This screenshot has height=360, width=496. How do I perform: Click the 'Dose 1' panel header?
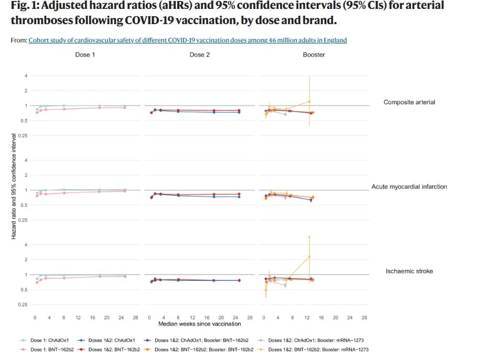point(85,54)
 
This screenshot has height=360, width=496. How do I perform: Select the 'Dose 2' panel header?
point(200,54)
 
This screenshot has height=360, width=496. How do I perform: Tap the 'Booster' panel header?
point(314,54)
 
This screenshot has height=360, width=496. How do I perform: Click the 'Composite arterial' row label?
point(409,102)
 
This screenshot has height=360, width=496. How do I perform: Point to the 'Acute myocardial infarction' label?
point(409,187)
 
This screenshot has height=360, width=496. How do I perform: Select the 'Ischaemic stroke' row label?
point(409,271)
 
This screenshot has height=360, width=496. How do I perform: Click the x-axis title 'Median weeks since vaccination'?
point(200,324)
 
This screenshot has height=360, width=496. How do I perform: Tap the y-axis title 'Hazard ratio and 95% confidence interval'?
point(14,187)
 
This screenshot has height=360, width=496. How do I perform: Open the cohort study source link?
point(188,40)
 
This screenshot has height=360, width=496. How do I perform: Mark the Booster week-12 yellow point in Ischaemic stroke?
point(309,256)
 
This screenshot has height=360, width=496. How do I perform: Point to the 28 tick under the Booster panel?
point(364,317)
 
